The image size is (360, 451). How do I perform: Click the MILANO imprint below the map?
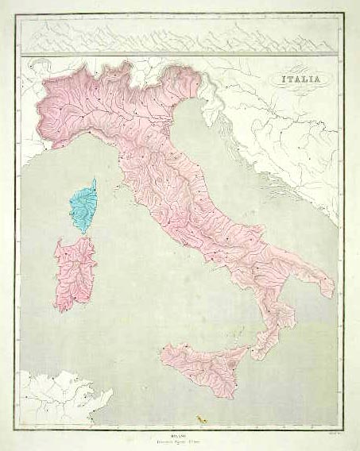pyautogui.click(x=181, y=426)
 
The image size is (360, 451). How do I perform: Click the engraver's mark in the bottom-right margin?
pyautogui.click(x=328, y=426)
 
